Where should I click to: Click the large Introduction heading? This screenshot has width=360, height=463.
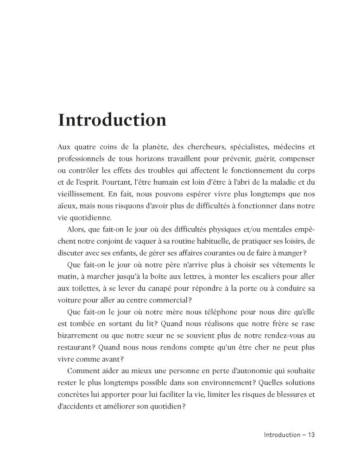(x=112, y=120)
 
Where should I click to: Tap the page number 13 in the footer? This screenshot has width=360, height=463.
(x=310, y=435)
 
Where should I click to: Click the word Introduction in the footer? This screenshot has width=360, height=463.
(x=282, y=435)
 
